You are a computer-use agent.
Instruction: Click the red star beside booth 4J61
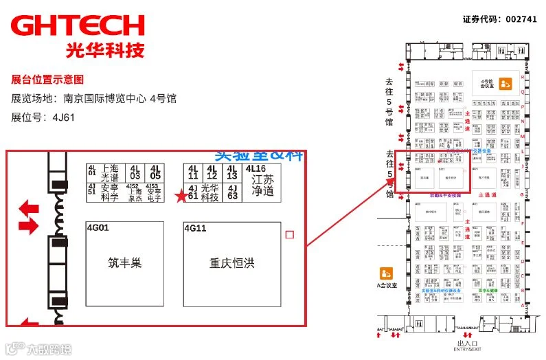[181, 196]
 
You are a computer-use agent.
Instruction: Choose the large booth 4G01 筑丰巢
[124, 264]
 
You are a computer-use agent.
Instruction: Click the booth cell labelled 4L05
[155, 172]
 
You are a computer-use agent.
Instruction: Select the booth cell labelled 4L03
[135, 172]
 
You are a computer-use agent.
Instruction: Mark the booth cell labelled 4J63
[233, 192]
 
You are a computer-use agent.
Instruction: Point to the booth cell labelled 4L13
[233, 172]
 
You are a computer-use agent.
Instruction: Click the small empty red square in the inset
[289, 235]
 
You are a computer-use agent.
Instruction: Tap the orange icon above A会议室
[386, 273]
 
